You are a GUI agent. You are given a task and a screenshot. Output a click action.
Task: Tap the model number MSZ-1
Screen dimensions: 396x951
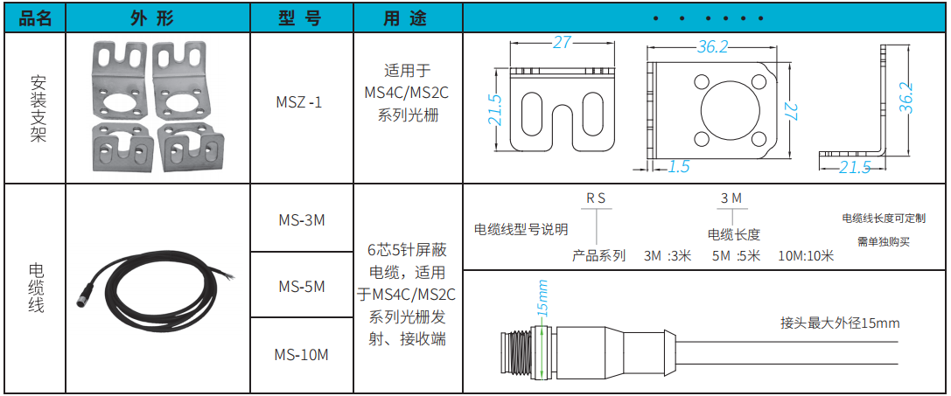[x=299, y=102]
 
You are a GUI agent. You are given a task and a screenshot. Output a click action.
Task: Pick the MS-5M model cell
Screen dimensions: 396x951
[x=301, y=286]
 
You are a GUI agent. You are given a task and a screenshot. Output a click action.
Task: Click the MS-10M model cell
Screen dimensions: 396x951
[x=301, y=354]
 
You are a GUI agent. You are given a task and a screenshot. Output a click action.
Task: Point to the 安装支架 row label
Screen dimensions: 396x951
[x=38, y=108]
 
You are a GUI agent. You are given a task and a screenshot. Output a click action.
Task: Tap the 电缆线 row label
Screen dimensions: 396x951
[x=38, y=288]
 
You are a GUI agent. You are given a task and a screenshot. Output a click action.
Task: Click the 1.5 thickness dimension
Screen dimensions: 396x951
[x=678, y=166]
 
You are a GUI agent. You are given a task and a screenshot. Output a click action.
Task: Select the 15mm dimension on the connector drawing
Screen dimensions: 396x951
[x=542, y=299]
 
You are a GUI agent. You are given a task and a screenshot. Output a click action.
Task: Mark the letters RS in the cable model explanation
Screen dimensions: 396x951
[x=596, y=198]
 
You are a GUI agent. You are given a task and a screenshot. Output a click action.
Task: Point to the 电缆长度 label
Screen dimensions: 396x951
[x=733, y=234]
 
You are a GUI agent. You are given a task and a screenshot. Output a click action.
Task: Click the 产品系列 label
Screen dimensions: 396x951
[x=598, y=256]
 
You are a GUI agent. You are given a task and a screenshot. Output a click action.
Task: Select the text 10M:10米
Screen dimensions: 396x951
[x=806, y=256]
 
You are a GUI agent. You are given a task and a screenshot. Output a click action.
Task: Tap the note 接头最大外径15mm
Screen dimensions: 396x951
[x=840, y=323]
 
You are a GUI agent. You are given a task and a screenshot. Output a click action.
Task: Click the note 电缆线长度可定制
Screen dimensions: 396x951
[x=883, y=218]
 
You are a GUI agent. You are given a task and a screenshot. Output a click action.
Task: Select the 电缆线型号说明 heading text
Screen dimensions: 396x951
[x=521, y=230]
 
